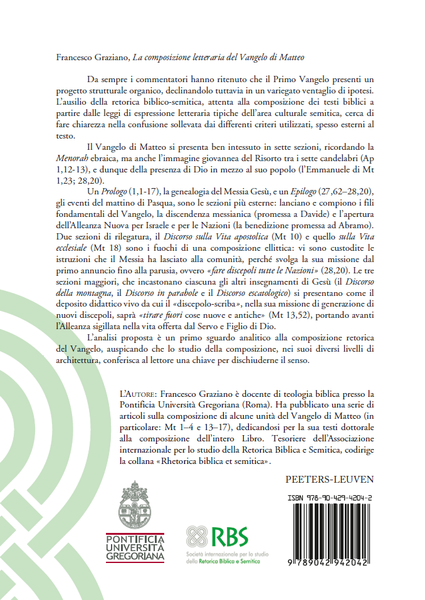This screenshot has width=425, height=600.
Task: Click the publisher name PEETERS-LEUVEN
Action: (x=329, y=480)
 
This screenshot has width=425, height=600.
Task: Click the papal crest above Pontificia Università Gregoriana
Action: (x=135, y=506)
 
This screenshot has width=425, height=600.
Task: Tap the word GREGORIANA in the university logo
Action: (x=135, y=555)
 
